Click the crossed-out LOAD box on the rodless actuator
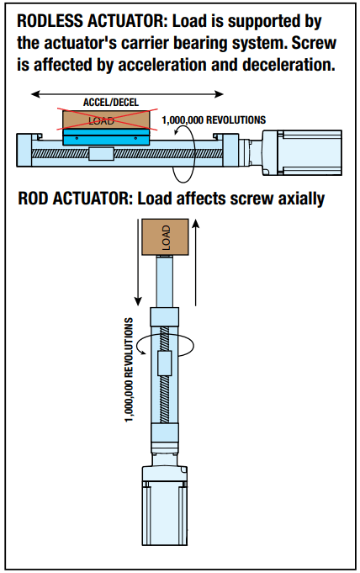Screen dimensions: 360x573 pyautogui.click(x=106, y=119)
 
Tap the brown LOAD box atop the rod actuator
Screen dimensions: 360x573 pyautogui.click(x=165, y=236)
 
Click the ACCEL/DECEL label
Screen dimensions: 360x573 pyautogui.click(x=111, y=103)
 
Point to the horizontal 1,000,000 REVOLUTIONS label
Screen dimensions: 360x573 pyautogui.click(x=214, y=119)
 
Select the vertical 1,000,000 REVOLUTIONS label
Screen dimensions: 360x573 pyautogui.click(x=129, y=370)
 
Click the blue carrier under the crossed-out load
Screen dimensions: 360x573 pyautogui.click(x=106, y=137)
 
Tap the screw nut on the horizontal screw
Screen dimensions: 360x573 pyautogui.click(x=101, y=153)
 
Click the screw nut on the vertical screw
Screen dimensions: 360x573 pyautogui.click(x=165, y=363)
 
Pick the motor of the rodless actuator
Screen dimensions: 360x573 pyautogui.click(x=302, y=153)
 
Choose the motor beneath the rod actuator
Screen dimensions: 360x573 pyautogui.click(x=165, y=506)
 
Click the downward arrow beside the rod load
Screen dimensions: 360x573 pyautogui.click(x=137, y=262)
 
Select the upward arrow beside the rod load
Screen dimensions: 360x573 pyautogui.click(x=196, y=262)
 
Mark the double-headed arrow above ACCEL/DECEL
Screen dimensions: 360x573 pyautogui.click(x=127, y=94)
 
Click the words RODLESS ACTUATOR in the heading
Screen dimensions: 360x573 pyautogui.click(x=92, y=21)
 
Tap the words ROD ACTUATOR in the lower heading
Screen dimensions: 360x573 pyautogui.click(x=76, y=199)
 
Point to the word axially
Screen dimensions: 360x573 pyautogui.click(x=301, y=199)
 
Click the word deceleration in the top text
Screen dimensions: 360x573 pyautogui.click(x=289, y=65)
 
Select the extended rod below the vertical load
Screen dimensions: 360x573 pyautogui.click(x=165, y=281)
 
